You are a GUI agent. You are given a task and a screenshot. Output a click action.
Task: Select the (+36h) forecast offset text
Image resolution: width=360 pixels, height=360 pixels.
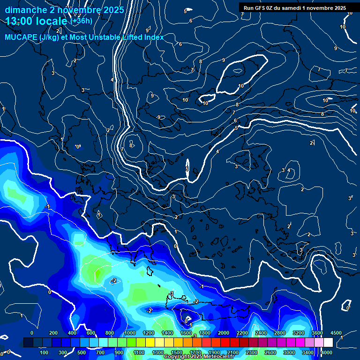[81, 21]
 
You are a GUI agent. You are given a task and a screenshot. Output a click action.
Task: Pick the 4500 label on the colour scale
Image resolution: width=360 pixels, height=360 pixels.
[337, 333]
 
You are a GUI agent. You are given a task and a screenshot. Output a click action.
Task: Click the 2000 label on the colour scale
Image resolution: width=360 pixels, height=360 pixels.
[224, 333]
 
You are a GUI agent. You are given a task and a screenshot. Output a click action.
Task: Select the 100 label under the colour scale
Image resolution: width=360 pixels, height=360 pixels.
[45, 352]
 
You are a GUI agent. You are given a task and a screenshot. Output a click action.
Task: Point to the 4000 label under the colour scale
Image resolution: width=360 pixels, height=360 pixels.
[327, 352]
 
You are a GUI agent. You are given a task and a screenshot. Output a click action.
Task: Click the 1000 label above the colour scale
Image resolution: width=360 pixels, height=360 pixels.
[130, 333]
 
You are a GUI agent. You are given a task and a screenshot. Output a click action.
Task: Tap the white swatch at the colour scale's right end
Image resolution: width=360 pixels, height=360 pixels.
[328, 343]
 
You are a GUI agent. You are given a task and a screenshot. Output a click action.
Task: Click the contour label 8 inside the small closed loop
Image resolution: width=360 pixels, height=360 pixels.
[131, 145]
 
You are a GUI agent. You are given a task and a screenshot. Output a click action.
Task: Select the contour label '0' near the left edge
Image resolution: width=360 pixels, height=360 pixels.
[78, 147]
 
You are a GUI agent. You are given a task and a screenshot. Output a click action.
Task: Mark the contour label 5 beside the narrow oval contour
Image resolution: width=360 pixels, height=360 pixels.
[187, 169]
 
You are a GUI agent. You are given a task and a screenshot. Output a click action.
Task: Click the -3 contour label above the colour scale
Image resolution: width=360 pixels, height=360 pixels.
[194, 336]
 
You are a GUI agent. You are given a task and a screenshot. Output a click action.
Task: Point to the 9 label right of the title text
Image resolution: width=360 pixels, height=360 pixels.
[147, 44]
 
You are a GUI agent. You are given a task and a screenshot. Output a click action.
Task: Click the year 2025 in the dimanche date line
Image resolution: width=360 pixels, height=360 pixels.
[114, 10]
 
